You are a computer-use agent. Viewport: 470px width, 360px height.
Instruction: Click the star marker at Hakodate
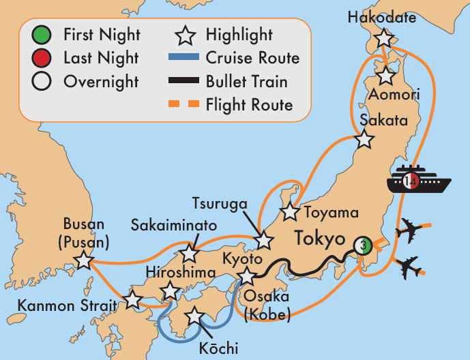[385, 38]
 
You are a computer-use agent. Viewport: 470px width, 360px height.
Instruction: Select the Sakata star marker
[365, 140]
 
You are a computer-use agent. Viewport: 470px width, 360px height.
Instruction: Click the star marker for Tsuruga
[263, 241]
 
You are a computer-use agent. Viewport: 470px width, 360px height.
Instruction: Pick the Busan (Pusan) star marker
[83, 260]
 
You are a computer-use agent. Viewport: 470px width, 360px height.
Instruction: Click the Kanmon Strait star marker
[132, 299]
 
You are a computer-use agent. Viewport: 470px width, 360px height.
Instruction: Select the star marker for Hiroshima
[168, 292]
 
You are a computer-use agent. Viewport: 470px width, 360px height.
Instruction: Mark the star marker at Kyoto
[246, 276]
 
